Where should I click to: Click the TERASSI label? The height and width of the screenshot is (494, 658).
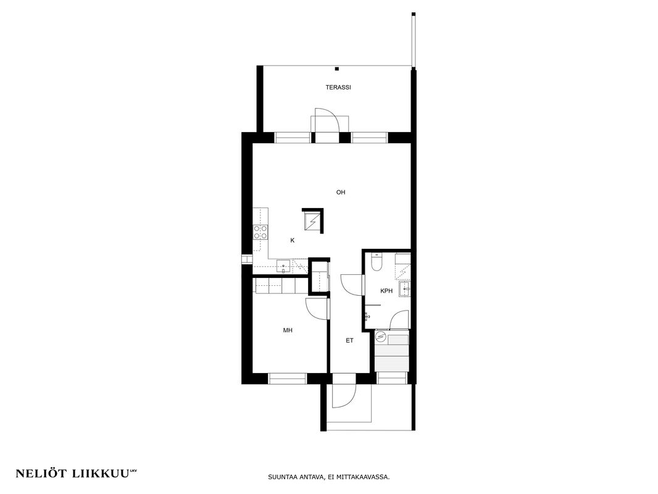(x=338, y=88)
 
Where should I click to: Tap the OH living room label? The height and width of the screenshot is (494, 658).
(x=341, y=193)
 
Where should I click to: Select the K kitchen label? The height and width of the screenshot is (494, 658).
(x=293, y=240)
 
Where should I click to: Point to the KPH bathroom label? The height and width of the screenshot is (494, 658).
(x=386, y=291)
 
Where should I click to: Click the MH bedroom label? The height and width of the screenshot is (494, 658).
(x=288, y=331)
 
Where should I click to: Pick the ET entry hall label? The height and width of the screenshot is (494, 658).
(x=349, y=341)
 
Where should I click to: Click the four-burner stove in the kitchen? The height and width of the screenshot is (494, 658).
(x=260, y=232)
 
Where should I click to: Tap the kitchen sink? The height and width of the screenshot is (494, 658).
(x=283, y=267)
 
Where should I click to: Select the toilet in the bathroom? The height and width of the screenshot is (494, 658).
(x=377, y=262)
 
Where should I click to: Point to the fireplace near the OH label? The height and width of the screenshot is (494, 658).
(x=312, y=221)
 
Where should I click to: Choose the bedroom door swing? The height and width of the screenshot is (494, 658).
(x=317, y=309)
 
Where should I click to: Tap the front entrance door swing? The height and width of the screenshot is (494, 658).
(x=344, y=396)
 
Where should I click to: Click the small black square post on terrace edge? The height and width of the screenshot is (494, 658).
(x=336, y=69)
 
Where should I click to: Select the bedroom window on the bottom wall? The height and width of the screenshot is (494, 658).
(x=288, y=379)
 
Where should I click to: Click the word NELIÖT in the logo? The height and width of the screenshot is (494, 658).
(x=41, y=474)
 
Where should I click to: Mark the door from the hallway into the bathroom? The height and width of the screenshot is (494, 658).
(x=352, y=285)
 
